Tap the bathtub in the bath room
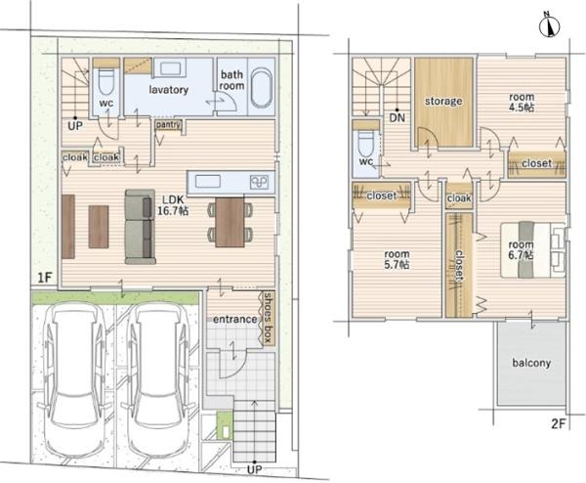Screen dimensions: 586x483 [261, 88]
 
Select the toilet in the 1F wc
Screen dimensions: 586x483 [106, 81]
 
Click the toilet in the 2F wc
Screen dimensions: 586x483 [366, 144]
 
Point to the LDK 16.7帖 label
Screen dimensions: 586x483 [172, 205]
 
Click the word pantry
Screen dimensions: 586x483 [169, 124]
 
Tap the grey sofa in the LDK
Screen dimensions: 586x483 [140, 227]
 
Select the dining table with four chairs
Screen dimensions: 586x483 [230, 222]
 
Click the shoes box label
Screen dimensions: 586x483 [269, 318]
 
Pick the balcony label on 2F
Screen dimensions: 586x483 [531, 363]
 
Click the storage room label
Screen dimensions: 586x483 [443, 101]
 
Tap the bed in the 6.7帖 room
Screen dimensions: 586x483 [532, 250]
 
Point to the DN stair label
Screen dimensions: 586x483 [398, 118]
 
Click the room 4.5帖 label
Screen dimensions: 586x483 [522, 102]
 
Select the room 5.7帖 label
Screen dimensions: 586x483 [397, 259]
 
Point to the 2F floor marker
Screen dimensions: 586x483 [559, 424]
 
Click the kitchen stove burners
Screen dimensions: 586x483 [259, 182]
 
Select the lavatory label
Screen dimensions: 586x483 [169, 90]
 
